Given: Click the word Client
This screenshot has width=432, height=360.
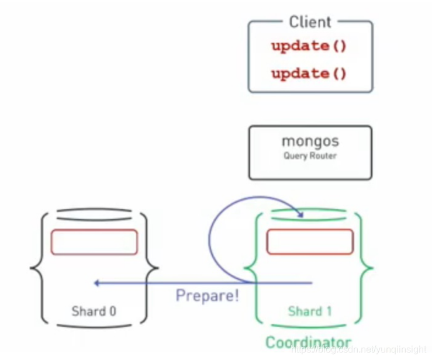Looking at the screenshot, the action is point(310,22).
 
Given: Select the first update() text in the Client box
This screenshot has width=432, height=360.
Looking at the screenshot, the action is point(309,47).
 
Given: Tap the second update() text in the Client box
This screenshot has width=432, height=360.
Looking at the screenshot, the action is point(309,74).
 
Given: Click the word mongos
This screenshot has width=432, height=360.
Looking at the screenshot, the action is point(310,141).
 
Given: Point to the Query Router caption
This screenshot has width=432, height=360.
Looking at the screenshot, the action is point(310,156).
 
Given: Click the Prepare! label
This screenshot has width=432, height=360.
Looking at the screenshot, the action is point(207,296).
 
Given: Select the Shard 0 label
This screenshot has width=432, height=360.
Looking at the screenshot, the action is point(94,311).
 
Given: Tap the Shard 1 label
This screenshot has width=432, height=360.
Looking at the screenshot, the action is point(309,311).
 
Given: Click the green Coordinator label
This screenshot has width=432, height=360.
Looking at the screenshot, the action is point(309,342).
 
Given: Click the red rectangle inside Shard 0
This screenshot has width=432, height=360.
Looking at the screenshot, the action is point(94,242).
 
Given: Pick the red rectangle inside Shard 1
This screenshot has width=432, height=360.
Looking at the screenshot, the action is point(310,242).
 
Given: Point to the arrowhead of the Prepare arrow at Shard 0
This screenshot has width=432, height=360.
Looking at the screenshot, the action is point(96,283).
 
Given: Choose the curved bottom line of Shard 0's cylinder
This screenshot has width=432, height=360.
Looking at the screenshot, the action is point(94,325).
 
